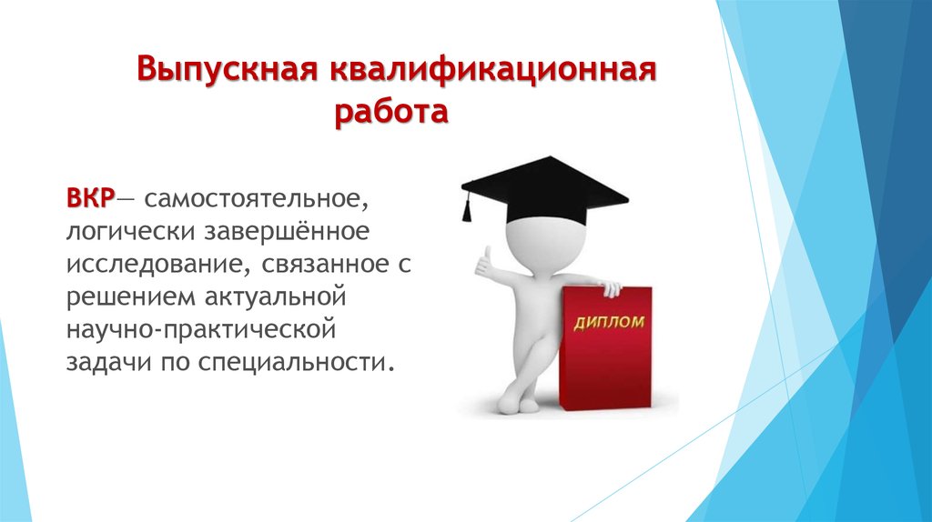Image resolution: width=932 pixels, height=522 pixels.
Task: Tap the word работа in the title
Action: click(x=391, y=111)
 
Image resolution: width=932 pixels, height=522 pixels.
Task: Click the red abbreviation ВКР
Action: click(x=90, y=198)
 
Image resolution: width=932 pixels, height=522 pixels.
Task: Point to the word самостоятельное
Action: click(x=256, y=199)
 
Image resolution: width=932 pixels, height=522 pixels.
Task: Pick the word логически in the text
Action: click(x=131, y=232)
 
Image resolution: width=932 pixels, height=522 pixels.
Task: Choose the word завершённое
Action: click(x=287, y=231)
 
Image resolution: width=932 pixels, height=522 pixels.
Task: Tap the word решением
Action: click(x=131, y=297)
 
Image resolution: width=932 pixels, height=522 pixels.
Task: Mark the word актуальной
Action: click(x=275, y=296)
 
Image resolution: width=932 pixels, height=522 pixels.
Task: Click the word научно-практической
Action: click(x=201, y=330)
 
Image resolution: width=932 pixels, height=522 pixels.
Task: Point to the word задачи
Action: click(x=108, y=363)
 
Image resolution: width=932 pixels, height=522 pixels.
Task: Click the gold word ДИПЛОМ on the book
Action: click(x=609, y=323)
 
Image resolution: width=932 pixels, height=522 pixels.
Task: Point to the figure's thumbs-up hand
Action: click(x=485, y=262)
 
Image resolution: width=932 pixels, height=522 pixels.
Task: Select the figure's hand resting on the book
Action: click(x=610, y=288)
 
